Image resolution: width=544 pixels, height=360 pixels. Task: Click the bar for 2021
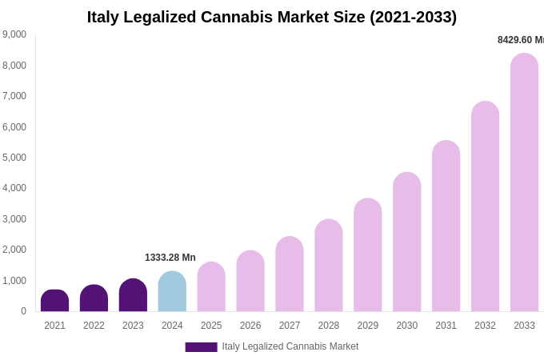tap(54, 301)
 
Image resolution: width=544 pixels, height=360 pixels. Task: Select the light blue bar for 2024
tap(172, 292)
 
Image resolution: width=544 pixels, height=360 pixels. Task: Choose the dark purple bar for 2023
tap(133, 295)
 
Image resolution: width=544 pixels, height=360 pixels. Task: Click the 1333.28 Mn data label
tap(170, 258)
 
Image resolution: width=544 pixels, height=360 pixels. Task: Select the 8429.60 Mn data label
tap(520, 40)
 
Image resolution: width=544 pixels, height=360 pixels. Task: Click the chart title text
tap(272, 17)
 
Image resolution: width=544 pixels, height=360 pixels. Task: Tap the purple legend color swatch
tap(201, 347)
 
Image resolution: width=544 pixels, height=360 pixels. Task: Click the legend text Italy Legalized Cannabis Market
tap(290, 346)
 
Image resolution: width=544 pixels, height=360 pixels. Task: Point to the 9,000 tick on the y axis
tap(14, 34)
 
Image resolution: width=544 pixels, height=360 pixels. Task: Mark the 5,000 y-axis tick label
tap(14, 158)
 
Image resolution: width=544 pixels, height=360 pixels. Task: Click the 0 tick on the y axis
tap(23, 311)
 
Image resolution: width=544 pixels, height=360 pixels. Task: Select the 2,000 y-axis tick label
tap(14, 250)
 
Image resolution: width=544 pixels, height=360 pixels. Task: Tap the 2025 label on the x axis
tap(211, 326)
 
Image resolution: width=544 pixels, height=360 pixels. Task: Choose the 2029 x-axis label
tap(368, 326)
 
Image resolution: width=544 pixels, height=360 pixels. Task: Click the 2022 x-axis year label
tap(94, 326)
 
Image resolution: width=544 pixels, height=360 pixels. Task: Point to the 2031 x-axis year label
tap(446, 326)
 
